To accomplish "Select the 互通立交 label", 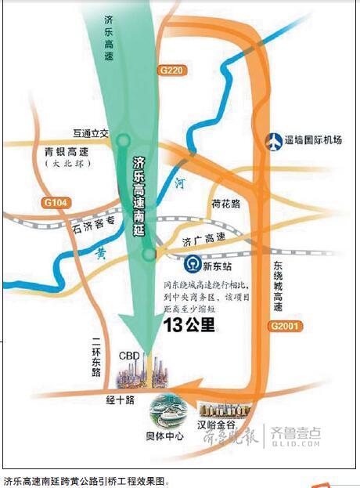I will [x=92, y=134].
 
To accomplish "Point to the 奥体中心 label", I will [x=166, y=435].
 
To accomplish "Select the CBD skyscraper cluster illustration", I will [x=142, y=374].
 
